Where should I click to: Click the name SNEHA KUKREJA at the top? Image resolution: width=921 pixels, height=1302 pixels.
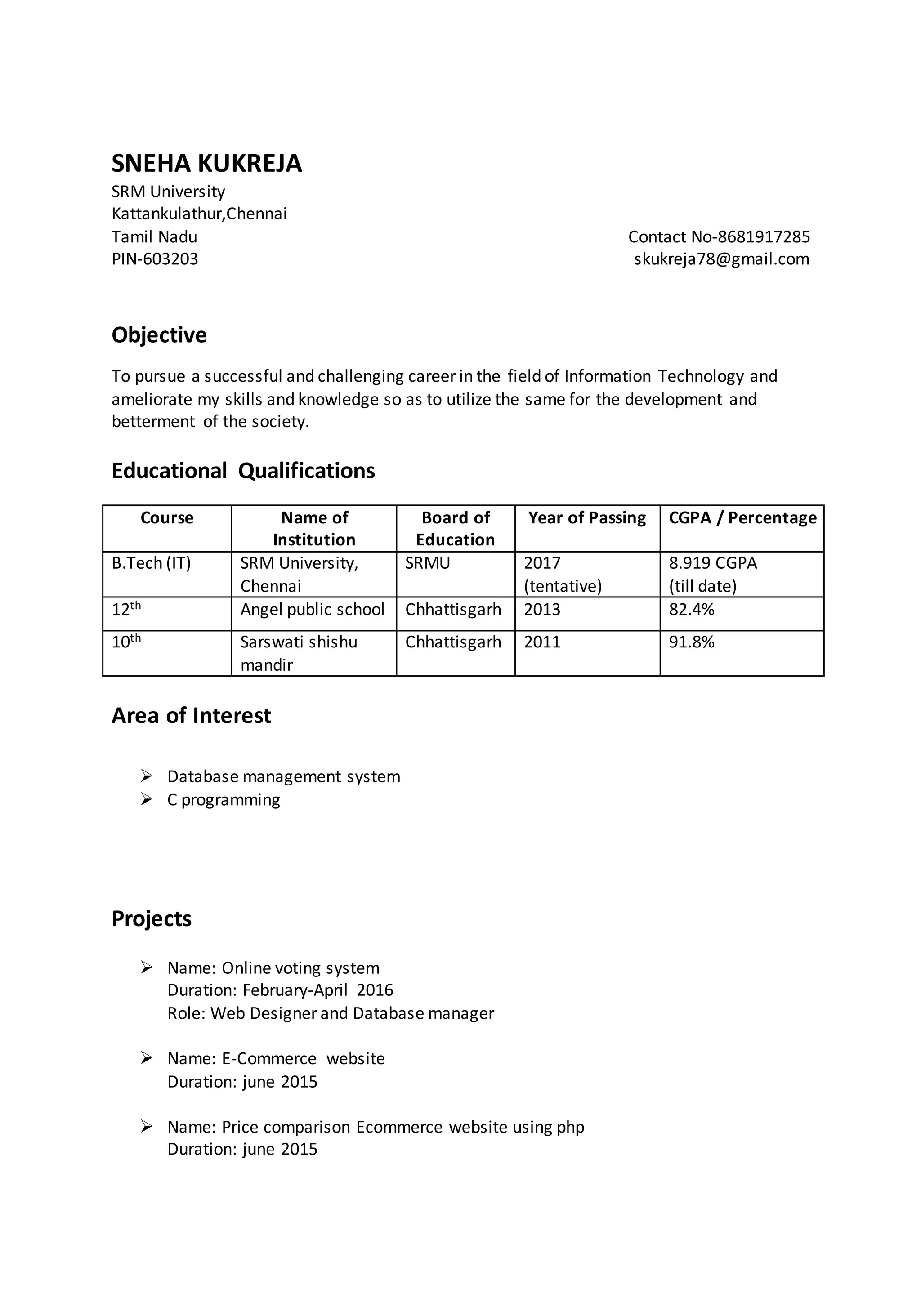tap(206, 163)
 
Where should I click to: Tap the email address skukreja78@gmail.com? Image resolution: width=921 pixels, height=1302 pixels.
tap(721, 259)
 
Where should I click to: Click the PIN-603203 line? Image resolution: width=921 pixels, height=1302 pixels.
tap(155, 259)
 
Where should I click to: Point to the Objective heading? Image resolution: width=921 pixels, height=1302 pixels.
tap(159, 334)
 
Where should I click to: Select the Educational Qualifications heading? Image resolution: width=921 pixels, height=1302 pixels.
tap(243, 471)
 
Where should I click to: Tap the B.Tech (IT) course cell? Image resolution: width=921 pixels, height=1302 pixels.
tap(152, 563)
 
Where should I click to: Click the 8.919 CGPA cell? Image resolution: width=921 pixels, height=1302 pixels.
tap(713, 563)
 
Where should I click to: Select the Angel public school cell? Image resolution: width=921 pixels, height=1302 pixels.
tap(312, 610)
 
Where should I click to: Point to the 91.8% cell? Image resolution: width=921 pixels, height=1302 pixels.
tap(691, 642)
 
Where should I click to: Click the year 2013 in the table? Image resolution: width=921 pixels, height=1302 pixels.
tap(542, 610)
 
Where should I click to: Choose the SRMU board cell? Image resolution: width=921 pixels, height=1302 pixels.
tap(428, 563)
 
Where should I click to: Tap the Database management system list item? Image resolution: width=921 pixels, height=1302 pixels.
tap(284, 776)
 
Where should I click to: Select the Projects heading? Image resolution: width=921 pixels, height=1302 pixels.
tap(152, 919)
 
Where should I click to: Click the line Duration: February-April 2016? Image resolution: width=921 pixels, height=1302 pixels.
tap(280, 990)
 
